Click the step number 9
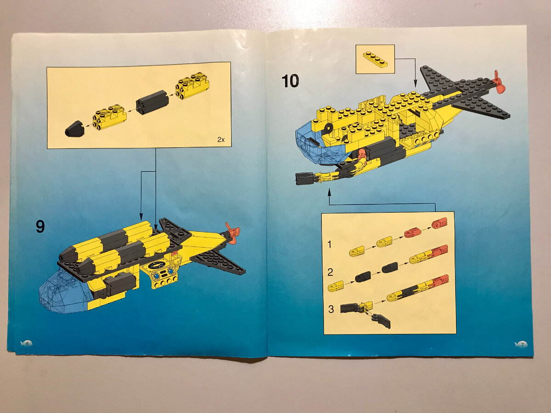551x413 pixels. coord(40,226)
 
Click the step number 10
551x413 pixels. coord(290,81)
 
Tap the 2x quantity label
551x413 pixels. coord(221,140)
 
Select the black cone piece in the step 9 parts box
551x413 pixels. coord(74,128)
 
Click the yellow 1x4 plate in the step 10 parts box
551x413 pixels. coord(375,59)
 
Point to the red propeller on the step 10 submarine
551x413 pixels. coord(498,85)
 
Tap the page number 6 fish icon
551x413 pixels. coord(26,343)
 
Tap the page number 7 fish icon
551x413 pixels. coord(521,344)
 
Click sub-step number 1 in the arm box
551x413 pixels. coord(330,244)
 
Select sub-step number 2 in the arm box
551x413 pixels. coord(330,272)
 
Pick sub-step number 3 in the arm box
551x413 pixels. coord(331,309)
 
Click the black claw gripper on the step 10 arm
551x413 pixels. coord(304,178)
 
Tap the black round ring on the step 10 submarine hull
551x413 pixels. coord(327,128)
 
